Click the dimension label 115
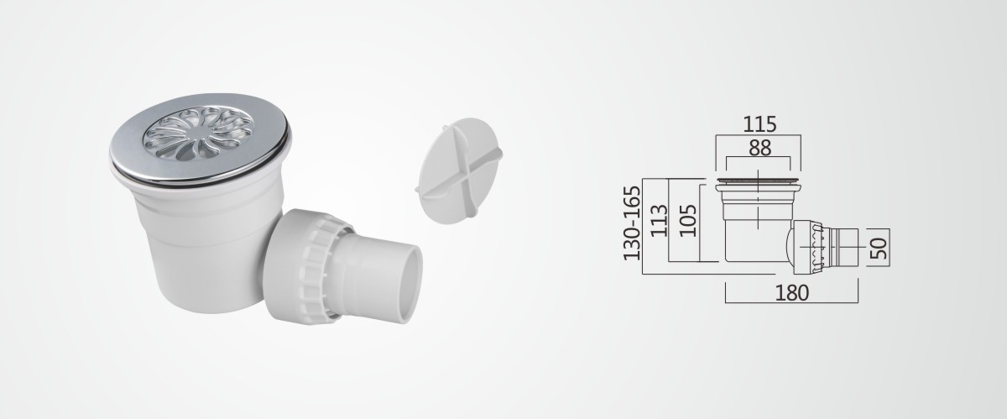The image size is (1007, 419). pyautogui.click(x=759, y=124)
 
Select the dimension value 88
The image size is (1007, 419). pyautogui.click(x=759, y=148)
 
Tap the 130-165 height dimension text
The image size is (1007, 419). pyautogui.click(x=632, y=223)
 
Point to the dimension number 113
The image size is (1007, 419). pyautogui.click(x=660, y=221)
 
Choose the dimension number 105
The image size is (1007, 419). pyautogui.click(x=688, y=221)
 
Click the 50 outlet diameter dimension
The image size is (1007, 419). pyautogui.click(x=879, y=248)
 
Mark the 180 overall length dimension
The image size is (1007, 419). pyautogui.click(x=791, y=292)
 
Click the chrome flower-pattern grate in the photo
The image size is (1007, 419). pyautogui.click(x=198, y=134)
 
